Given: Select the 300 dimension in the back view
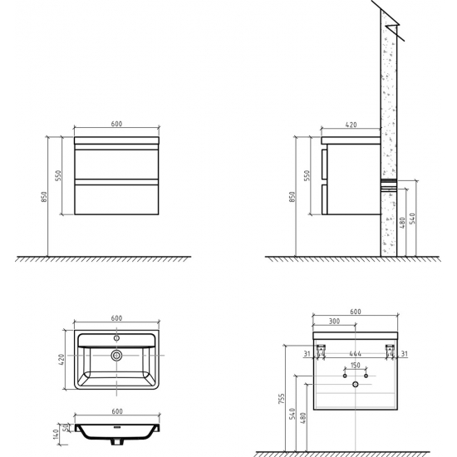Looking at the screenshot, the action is tap(334, 321).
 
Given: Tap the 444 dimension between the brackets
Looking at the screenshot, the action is tap(356, 353).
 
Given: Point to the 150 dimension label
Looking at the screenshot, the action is tap(356, 365).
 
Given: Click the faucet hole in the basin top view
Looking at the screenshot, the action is tap(116, 338).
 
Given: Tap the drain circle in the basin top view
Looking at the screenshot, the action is tap(116, 356).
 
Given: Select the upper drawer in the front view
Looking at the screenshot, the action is tap(116, 165).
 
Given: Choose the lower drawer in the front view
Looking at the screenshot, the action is tap(116, 199).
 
